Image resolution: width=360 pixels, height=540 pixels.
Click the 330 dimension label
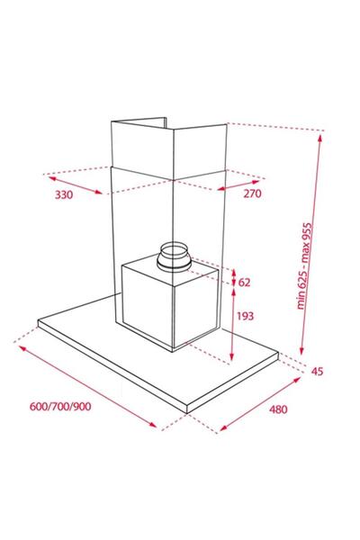coord(64,195)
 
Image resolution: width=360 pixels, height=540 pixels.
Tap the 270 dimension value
coord(253,193)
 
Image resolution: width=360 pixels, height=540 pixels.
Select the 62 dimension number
coord(244,283)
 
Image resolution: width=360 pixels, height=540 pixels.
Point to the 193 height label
coord(246,316)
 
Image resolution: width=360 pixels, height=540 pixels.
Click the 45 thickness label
coord(318,371)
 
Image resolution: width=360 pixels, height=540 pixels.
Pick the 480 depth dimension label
coord(278,409)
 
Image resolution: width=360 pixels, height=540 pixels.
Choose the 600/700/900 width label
coord(60,407)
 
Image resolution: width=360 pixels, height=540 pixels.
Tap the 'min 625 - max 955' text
coord(304,265)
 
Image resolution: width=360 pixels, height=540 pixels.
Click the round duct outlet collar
coord(174,256)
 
